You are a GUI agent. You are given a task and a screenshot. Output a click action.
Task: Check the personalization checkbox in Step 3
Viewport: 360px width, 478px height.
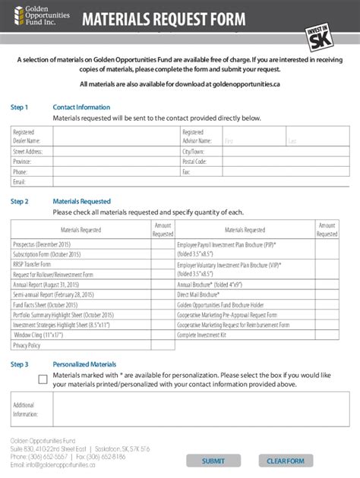click(x=43, y=379)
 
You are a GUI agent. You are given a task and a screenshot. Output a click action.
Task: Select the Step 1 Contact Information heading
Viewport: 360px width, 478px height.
click(x=81, y=107)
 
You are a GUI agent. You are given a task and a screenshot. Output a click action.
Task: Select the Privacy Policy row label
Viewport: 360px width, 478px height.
click(x=27, y=345)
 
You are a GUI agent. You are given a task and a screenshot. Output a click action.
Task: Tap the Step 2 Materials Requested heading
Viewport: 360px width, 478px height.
click(x=81, y=201)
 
